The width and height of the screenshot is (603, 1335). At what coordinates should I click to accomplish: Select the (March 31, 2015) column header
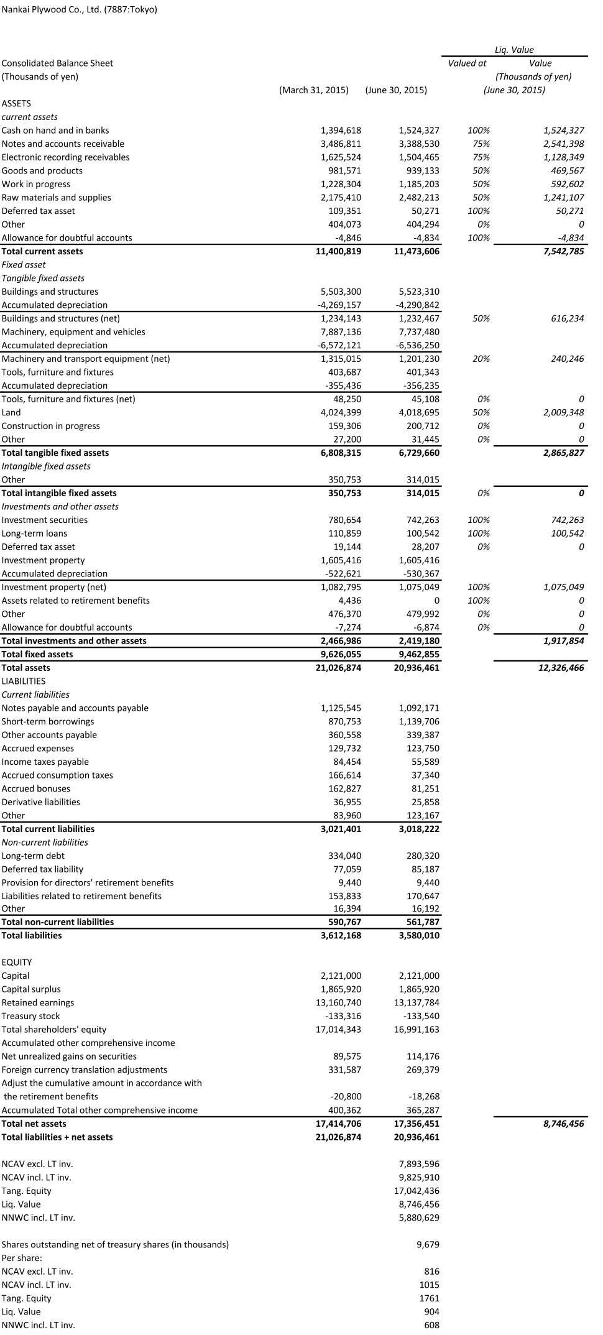[x=314, y=90]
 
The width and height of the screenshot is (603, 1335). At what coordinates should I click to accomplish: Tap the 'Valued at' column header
[x=467, y=63]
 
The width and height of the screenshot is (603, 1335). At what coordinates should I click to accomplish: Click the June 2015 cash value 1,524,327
[x=419, y=131]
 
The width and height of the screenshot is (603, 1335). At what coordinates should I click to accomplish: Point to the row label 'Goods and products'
[x=42, y=171]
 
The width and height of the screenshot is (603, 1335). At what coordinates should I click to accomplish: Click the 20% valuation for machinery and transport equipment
[x=481, y=359]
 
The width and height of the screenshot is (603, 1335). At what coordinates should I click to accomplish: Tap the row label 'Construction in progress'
[x=50, y=426]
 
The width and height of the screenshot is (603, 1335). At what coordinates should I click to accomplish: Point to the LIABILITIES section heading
[x=24, y=681]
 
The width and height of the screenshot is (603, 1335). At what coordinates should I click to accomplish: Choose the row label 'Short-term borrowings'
[x=48, y=721]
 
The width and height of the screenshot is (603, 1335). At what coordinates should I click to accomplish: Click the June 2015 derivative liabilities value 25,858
[x=425, y=802]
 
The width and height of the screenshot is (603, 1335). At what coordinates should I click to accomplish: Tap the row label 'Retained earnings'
[x=38, y=1002]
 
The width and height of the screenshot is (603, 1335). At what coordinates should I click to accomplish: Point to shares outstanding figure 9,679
[x=428, y=1244]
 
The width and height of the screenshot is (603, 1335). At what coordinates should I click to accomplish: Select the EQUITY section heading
[x=17, y=962]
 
